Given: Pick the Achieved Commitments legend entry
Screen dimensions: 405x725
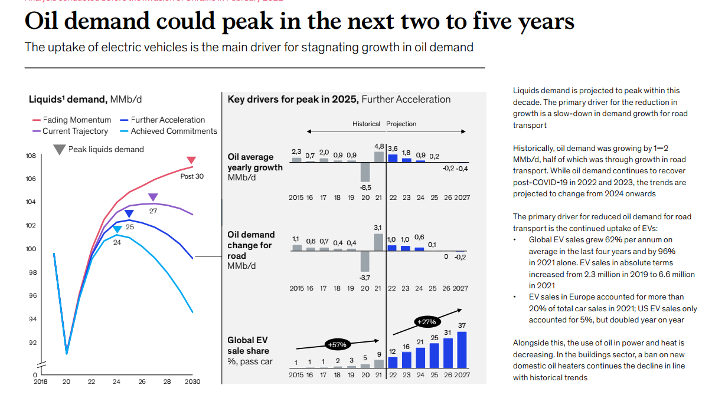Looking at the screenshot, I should (168, 131).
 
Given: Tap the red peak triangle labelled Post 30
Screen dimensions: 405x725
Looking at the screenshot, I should (191, 160).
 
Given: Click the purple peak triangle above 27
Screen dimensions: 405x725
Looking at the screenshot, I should (153, 197).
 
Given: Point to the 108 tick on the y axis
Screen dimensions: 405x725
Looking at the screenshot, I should (30, 156).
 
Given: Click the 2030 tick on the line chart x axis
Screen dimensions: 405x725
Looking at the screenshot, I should (192, 381).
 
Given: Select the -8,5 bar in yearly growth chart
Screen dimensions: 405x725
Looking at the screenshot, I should (365, 172).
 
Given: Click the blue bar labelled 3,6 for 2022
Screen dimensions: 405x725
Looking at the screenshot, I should (393, 157).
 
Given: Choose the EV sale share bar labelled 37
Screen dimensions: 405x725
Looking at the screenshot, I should (462, 350).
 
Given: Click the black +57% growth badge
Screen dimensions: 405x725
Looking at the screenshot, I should (337, 344).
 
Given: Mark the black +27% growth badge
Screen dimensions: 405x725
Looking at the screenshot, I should (426, 322).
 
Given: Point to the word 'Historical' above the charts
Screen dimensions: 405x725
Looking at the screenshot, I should (367, 124).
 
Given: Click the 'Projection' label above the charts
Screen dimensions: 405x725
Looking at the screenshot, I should (401, 124).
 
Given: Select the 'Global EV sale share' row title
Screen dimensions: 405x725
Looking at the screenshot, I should (249, 351).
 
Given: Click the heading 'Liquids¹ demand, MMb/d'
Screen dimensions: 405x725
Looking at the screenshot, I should (85, 99).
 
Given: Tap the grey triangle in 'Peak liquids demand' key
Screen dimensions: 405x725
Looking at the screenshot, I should (59, 150).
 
